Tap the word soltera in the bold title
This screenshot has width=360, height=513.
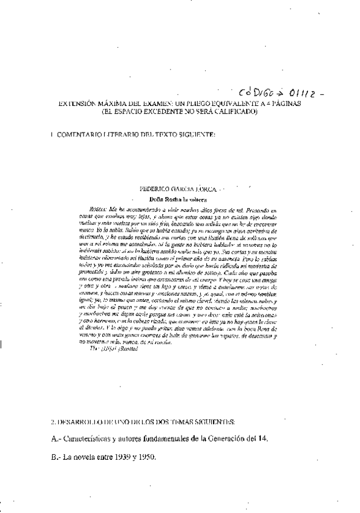pyautogui.click(x=195, y=198)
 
